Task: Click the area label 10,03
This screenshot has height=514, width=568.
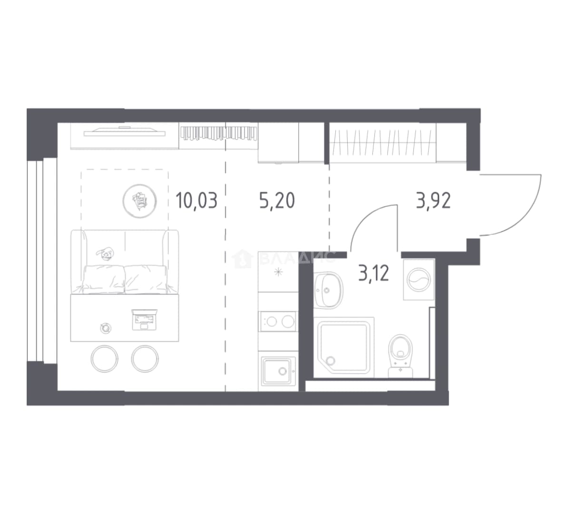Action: click(196, 201)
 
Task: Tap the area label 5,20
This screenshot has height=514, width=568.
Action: click(277, 201)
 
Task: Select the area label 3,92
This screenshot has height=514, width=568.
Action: click(433, 201)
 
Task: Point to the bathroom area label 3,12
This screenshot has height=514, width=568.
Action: click(373, 274)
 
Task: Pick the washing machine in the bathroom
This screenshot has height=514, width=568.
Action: click(419, 279)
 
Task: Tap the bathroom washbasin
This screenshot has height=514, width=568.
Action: click(328, 290)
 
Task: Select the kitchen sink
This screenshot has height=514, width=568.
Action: click(278, 371)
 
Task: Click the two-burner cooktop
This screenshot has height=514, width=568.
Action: click(278, 321)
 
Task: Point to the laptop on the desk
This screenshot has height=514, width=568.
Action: click(144, 320)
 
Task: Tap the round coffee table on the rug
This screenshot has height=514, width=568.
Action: click(139, 201)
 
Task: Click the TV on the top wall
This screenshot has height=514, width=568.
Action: click(124, 132)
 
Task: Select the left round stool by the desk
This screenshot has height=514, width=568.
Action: click(104, 358)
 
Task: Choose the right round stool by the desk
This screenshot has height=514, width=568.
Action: click(145, 358)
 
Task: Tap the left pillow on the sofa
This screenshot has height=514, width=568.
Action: click(104, 278)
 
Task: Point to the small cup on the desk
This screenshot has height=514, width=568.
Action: click(106, 328)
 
